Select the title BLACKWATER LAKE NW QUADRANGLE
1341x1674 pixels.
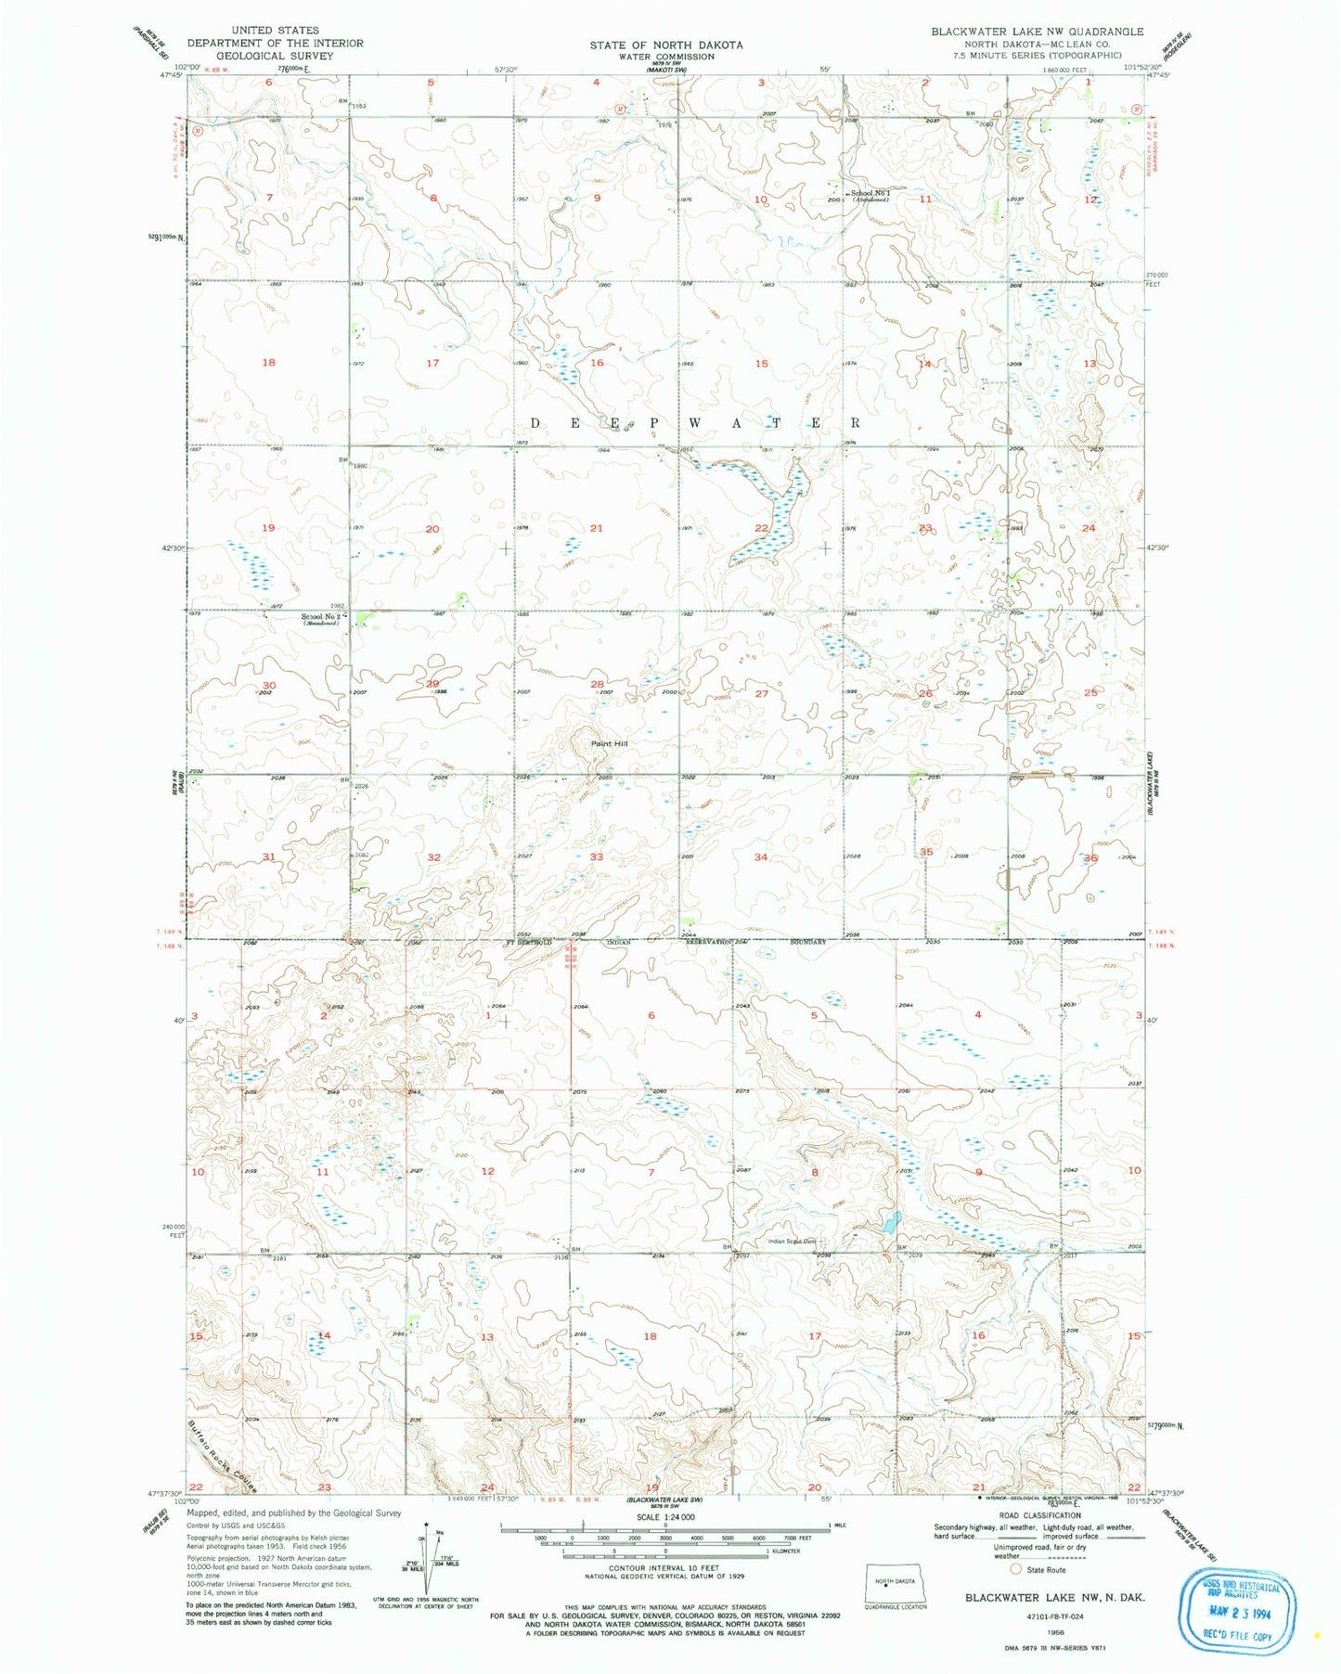[x=1037, y=32]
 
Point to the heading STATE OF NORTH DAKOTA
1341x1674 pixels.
[x=665, y=45]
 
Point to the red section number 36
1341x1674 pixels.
[x=1090, y=858]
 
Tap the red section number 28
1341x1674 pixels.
[x=597, y=684]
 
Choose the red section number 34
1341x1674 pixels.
[x=761, y=857]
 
